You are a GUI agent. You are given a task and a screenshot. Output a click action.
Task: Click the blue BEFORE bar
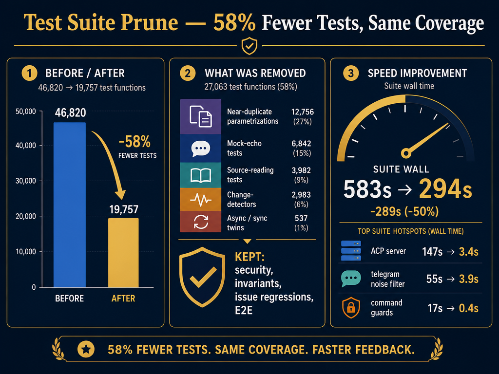pyautogui.click(x=69, y=205)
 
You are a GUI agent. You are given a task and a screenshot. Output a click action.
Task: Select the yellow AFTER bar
pyautogui.click(x=123, y=253)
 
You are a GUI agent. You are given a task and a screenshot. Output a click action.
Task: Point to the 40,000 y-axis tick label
pyautogui.click(x=26, y=146)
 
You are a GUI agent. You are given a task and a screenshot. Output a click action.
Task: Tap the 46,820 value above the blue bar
pyautogui.click(x=70, y=112)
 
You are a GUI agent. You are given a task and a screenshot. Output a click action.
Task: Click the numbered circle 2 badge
pyautogui.click(x=188, y=73)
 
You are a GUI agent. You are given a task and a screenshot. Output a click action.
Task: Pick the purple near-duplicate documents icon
pyautogui.click(x=200, y=116)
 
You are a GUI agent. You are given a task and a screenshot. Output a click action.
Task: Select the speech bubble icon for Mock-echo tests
pyautogui.click(x=200, y=149)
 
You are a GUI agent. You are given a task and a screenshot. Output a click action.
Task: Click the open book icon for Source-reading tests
pyautogui.click(x=200, y=175)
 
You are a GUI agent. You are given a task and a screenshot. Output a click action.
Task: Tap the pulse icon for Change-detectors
pyautogui.click(x=200, y=200)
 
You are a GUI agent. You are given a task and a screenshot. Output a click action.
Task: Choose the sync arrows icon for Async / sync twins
pyautogui.click(x=201, y=222)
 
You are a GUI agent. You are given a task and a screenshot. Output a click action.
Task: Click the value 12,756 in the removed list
pyautogui.click(x=302, y=112)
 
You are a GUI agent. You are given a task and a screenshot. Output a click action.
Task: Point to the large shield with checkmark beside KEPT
pyautogui.click(x=202, y=277)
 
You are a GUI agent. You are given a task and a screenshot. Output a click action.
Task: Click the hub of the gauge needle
pyautogui.click(x=406, y=153)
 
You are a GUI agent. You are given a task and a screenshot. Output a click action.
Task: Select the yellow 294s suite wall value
pyautogui.click(x=445, y=189)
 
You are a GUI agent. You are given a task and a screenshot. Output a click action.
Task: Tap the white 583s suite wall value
pyautogui.click(x=367, y=189)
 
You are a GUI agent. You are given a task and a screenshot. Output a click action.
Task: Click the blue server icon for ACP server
pyautogui.click(x=351, y=251)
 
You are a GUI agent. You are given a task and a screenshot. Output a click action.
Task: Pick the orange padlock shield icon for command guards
pyautogui.click(x=351, y=308)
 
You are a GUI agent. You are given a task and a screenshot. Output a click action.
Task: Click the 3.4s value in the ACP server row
pyautogui.click(x=468, y=252)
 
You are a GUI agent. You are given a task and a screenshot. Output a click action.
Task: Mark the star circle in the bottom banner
pyautogui.click(x=86, y=350)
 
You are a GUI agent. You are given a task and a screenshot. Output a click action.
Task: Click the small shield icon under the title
pyautogui.click(x=249, y=46)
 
